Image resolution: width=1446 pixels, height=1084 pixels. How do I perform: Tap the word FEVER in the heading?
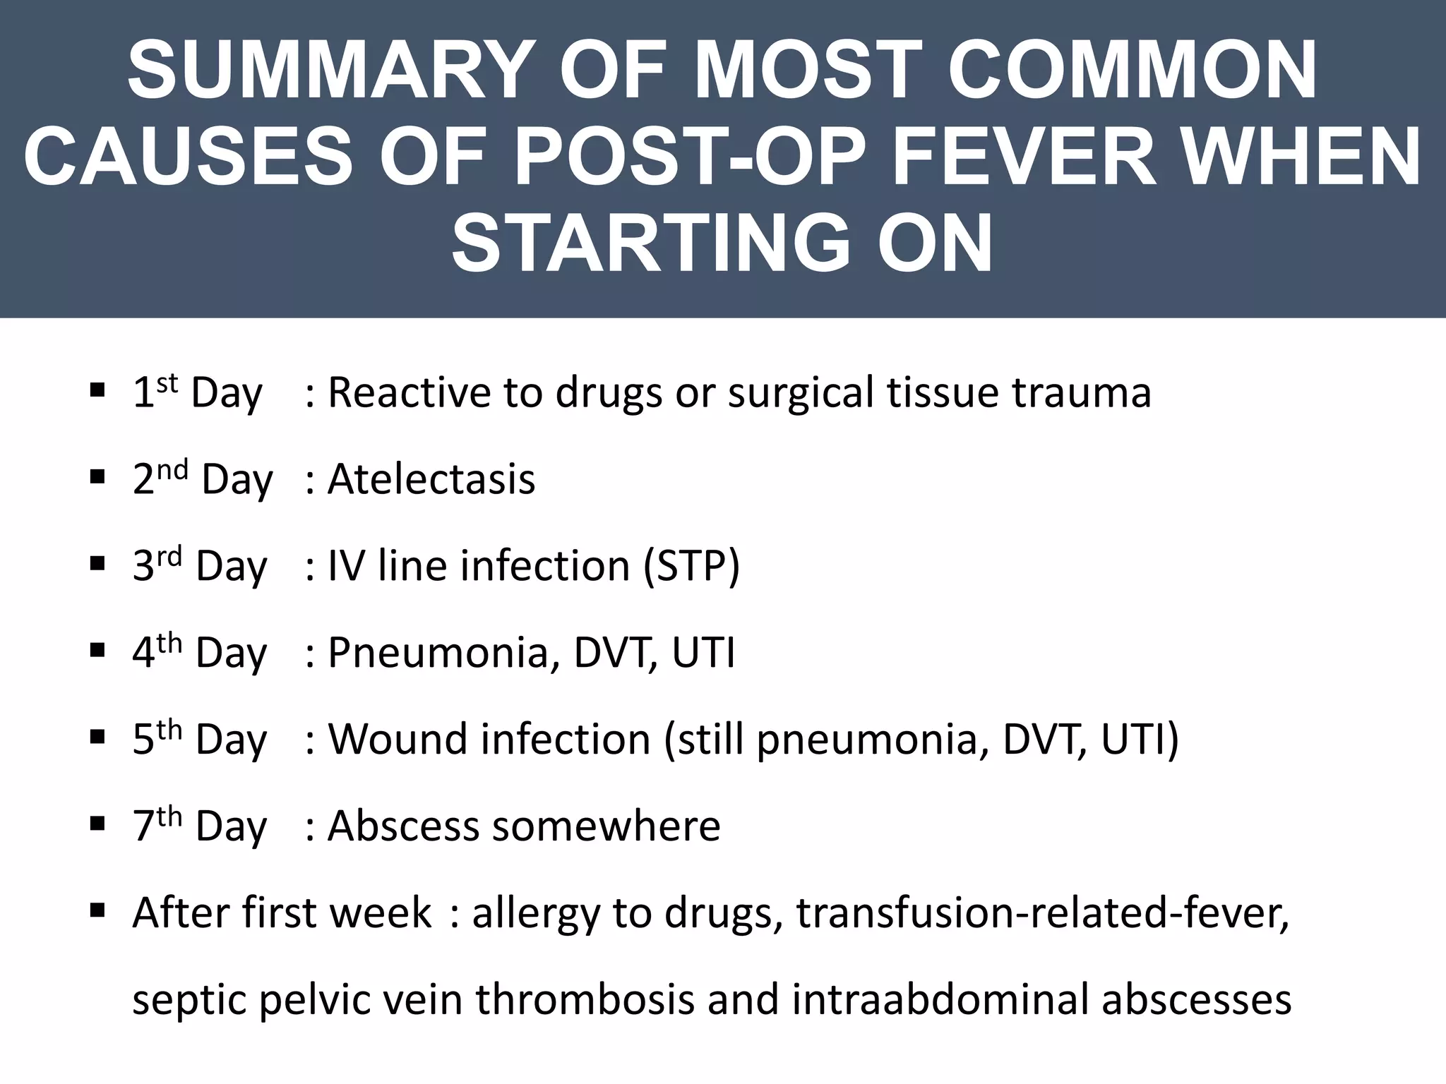[1023, 156]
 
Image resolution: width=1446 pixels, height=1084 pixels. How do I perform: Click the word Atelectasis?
[431, 479]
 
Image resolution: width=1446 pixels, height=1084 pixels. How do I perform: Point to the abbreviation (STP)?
[691, 566]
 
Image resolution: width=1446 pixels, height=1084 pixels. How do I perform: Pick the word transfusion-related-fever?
[1042, 913]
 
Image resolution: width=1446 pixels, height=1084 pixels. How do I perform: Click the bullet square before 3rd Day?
[97, 564]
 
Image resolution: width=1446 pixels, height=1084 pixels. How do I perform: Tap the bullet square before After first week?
[97, 910]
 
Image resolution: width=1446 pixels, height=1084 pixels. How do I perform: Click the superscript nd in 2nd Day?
[173, 470]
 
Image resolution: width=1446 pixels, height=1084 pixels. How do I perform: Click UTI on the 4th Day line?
[703, 652]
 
